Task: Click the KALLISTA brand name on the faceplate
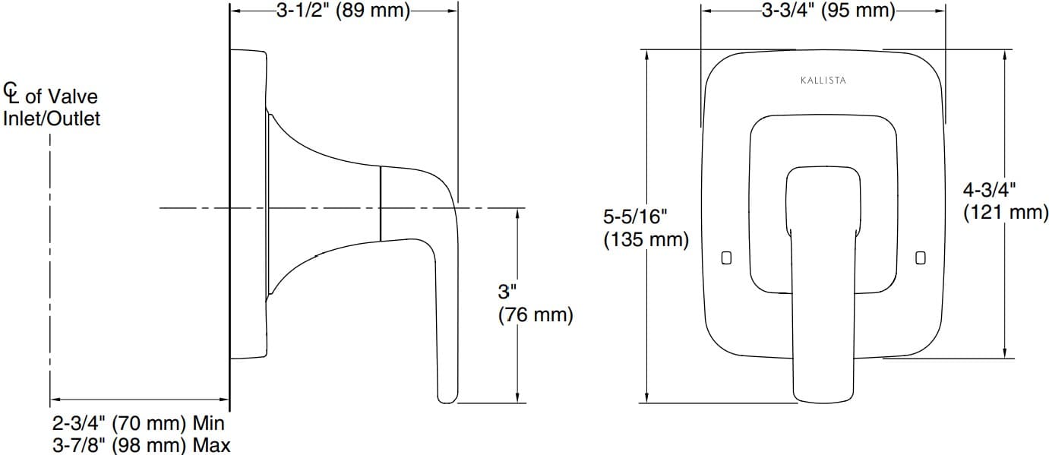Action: [823, 80]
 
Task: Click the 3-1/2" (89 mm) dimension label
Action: [342, 11]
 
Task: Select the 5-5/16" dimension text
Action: [635, 217]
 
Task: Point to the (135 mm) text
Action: [646, 241]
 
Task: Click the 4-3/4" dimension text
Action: [990, 189]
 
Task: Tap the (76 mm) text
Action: [535, 314]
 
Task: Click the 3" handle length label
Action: [507, 291]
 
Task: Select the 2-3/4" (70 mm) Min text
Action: [138, 423]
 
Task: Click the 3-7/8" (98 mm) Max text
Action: [141, 445]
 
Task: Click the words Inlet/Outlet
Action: [52, 119]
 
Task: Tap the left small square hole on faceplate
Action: [725, 258]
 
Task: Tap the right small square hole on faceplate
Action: [921, 258]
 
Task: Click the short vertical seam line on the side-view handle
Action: [380, 204]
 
